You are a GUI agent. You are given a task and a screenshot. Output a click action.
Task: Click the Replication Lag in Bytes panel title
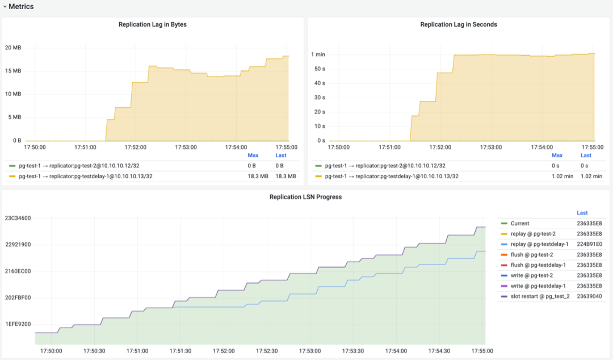(x=152, y=24)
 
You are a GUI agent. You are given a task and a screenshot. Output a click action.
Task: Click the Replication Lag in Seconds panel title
(x=459, y=24)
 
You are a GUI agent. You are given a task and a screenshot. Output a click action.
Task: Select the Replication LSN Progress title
(x=305, y=197)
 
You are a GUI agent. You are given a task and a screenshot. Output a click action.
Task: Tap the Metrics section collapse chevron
(x=5, y=7)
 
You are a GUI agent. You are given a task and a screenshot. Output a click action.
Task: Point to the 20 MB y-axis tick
(x=13, y=47)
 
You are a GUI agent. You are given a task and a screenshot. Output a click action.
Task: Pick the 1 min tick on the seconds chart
(x=318, y=55)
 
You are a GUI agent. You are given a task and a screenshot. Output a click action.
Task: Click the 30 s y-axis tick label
(x=319, y=98)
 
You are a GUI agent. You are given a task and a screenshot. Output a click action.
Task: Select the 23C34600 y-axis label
(x=18, y=218)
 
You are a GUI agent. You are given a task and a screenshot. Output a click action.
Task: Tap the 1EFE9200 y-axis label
(x=18, y=324)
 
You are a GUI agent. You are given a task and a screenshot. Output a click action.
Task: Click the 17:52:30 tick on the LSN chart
(x=267, y=351)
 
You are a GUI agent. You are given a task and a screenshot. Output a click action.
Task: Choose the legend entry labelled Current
(x=520, y=224)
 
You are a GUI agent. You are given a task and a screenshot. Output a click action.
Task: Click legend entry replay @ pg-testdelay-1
(x=539, y=244)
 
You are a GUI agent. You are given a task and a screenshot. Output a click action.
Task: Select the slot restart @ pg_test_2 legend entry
(x=540, y=296)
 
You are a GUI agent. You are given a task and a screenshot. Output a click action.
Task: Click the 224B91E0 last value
(x=589, y=244)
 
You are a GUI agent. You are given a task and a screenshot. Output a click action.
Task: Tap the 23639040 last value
(x=589, y=296)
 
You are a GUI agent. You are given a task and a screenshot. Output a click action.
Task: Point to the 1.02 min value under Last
(x=591, y=177)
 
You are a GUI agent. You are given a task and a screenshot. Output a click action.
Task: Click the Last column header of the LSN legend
(x=582, y=213)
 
